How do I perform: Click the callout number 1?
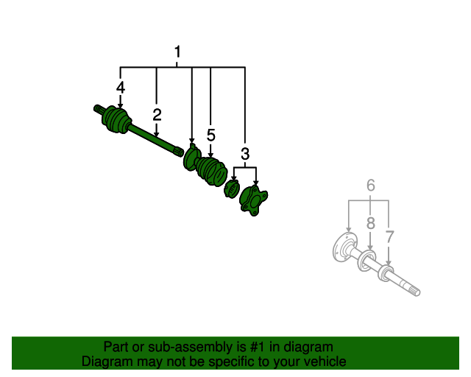click(x=177, y=52)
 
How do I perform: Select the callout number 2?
click(x=157, y=115)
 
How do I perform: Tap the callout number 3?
click(x=245, y=154)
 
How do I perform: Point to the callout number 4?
click(x=121, y=88)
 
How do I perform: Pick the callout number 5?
click(x=211, y=135)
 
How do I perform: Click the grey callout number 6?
click(x=371, y=186)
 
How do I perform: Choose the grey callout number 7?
click(x=389, y=237)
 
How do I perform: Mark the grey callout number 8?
click(x=371, y=223)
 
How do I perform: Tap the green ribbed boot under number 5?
click(x=211, y=172)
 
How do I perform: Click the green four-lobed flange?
click(x=253, y=200)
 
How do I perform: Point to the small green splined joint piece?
click(x=232, y=188)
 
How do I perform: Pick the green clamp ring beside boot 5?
click(x=191, y=158)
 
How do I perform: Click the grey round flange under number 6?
click(x=345, y=247)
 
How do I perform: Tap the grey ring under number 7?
click(x=385, y=274)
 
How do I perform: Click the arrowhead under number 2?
click(x=156, y=135)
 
